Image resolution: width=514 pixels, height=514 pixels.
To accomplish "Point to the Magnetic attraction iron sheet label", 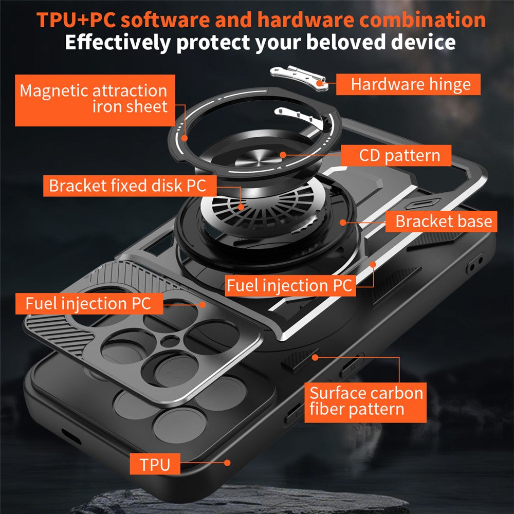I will (x=95, y=99).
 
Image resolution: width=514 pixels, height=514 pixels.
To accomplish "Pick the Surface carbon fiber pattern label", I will (x=365, y=401).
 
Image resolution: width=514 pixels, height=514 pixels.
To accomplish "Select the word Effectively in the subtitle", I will (x=117, y=42).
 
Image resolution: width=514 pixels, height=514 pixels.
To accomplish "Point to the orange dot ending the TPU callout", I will (x=227, y=463).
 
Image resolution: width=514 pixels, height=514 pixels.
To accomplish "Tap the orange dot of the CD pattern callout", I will (x=282, y=154).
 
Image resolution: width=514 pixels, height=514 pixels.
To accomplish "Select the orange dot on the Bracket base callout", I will (x=342, y=222).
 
